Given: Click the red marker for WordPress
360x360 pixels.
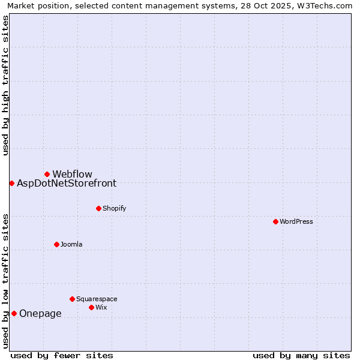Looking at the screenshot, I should click(275, 221).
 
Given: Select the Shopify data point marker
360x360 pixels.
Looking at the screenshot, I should click(98, 208).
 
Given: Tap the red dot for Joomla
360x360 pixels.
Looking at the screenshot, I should click(56, 244).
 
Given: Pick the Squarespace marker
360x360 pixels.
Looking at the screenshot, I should click(72, 299).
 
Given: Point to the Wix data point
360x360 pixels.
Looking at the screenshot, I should click(91, 307).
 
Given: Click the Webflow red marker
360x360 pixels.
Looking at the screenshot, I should click(47, 174).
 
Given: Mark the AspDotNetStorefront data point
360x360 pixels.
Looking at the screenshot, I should click(11, 183).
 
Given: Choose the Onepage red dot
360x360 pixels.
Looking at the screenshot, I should click(14, 313).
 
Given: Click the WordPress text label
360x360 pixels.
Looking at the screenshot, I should click(296, 221).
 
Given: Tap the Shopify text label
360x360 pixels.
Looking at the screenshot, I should click(115, 208).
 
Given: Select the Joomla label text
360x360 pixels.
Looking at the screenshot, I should click(71, 244).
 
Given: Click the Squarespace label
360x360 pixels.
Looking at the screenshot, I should click(97, 299).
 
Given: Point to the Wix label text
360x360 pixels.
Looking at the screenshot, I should click(101, 307).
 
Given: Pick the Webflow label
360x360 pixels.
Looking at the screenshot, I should click(72, 174).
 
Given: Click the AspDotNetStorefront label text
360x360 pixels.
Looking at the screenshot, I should click(67, 183).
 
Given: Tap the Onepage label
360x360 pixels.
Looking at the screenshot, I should click(40, 313).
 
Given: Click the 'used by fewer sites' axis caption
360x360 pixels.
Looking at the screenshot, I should click(62, 355).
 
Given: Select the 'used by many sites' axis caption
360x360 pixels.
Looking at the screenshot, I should click(301, 355).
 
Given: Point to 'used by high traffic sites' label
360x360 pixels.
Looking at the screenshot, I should click(5, 85).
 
